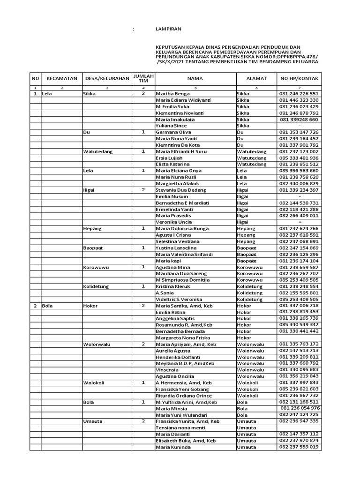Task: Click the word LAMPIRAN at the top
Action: point(168,29)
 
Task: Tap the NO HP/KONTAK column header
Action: point(299,79)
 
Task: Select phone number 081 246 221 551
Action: point(299,94)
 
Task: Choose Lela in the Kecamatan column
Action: point(47,94)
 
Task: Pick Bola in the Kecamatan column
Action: point(47,305)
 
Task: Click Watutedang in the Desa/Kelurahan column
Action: point(97,151)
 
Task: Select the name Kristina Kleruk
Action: point(173,286)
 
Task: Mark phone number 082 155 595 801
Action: point(299,292)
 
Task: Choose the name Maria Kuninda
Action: point(173,447)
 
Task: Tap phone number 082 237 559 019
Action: point(299,447)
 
